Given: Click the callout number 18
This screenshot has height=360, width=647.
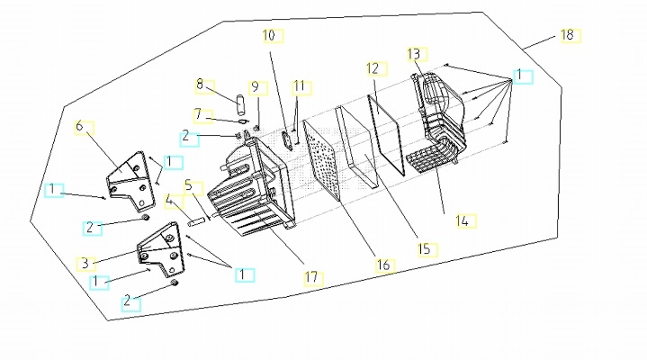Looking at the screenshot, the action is click(x=568, y=35).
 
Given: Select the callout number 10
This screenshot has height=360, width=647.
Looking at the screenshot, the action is click(x=269, y=35).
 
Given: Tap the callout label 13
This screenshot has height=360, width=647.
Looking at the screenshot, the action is click(x=413, y=54).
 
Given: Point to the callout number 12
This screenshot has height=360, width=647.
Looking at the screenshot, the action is click(x=373, y=68).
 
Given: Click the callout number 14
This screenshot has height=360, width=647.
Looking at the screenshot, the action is click(x=463, y=221).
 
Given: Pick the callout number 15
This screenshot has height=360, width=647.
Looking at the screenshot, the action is click(x=424, y=249).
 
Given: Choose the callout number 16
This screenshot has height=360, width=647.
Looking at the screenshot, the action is click(x=383, y=265).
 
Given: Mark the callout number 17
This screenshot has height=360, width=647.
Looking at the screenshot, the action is click(x=311, y=277).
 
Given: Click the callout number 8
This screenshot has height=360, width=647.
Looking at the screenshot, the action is click(x=200, y=85).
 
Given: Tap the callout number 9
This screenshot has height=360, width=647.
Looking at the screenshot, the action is click(x=255, y=87).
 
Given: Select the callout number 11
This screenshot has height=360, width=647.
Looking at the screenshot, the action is click(x=299, y=86).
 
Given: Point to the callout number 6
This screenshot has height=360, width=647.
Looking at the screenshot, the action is click(x=79, y=126).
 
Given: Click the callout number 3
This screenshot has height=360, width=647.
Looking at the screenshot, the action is click(x=85, y=263).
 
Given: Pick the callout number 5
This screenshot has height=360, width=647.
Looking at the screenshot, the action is click(x=189, y=185).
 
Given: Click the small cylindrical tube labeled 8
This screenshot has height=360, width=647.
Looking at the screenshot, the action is click(x=239, y=105).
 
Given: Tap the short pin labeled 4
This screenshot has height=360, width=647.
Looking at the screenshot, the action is click(x=194, y=222).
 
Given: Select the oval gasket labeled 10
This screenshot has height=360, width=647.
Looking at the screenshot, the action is click(x=287, y=140).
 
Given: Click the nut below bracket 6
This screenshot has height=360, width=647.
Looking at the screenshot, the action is click(x=145, y=217).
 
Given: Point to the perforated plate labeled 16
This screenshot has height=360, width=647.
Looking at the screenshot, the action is click(x=322, y=160).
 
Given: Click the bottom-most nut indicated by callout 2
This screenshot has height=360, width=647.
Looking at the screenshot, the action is click(x=175, y=283).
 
